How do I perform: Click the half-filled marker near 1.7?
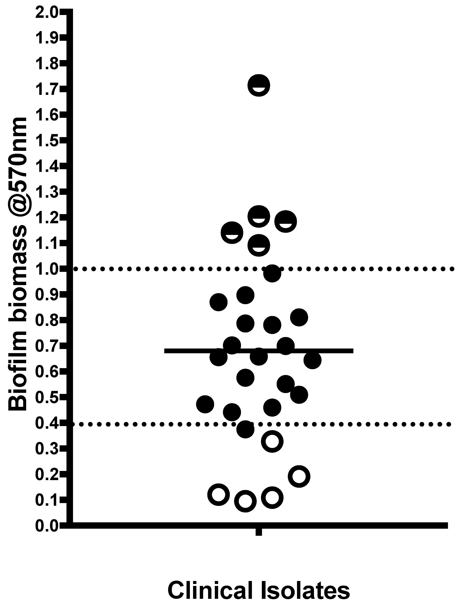click(x=258, y=85)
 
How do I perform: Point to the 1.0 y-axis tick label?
click(x=46, y=269)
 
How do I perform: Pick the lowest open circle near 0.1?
click(x=245, y=501)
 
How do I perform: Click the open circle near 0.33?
click(x=272, y=441)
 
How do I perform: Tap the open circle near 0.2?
click(x=299, y=476)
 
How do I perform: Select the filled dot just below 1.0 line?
click(x=272, y=273)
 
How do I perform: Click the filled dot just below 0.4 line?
click(x=245, y=429)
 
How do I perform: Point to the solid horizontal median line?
click(x=329, y=351)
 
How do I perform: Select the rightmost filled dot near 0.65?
click(x=312, y=360)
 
